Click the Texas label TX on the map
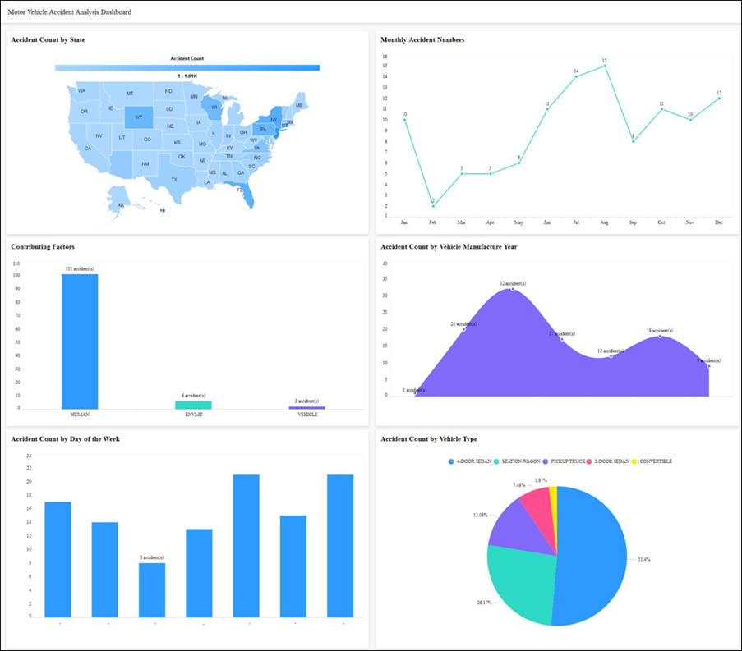pos(173,179)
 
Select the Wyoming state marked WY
pos(138,117)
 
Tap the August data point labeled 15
pos(605,66)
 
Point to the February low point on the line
pos(433,205)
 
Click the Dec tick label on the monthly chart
pos(719,222)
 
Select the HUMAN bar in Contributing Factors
pos(80,341)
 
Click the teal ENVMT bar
pos(193,405)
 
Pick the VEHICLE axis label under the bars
pos(307,415)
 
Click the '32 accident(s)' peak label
pos(513,283)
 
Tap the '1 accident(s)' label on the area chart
pos(414,391)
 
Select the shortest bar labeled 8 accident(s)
pos(152,589)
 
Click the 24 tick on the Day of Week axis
pos(29,455)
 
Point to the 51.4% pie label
pos(643,559)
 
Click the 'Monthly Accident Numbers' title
pos(422,39)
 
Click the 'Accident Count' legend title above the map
pos(187,59)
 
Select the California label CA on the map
pos(87,149)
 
